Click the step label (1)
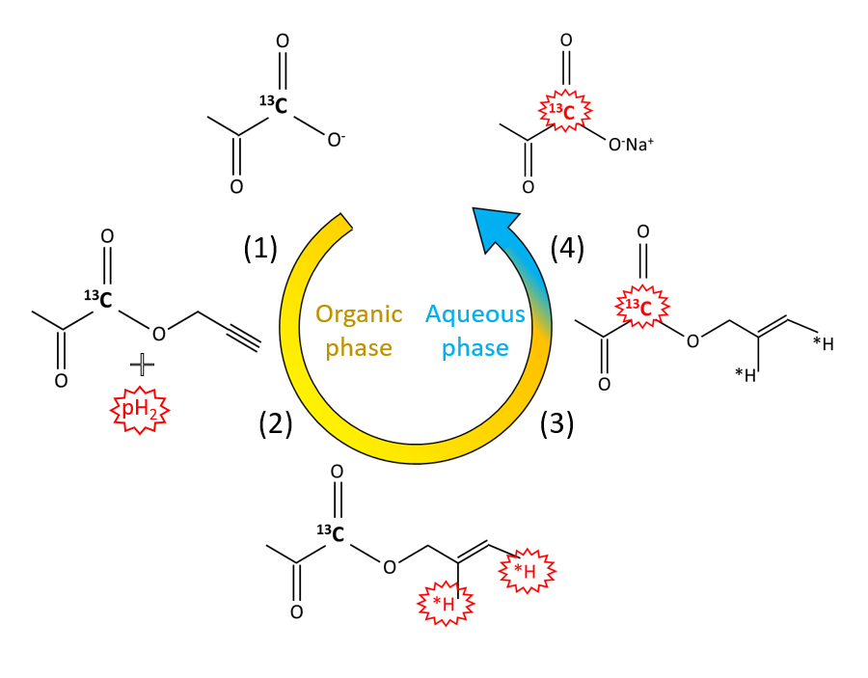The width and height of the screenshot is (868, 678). tap(260, 250)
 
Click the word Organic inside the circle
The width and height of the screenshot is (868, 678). tap(359, 315)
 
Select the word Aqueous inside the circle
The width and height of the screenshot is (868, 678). tap(475, 314)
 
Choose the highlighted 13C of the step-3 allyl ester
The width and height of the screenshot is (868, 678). tap(637, 309)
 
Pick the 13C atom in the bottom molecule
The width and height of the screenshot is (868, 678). tap(330, 533)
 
